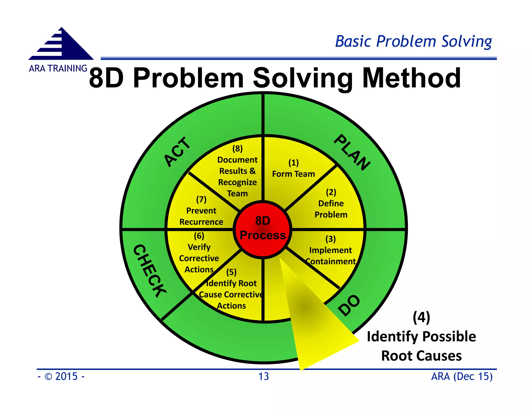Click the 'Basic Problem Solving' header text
click(413, 41)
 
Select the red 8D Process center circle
click(263, 229)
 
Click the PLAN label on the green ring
click(352, 152)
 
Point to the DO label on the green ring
click(349, 305)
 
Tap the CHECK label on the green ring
click(150, 270)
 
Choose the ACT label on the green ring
click(178, 152)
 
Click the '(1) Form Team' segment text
click(293, 169)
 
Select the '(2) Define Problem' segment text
click(331, 203)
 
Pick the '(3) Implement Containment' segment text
click(330, 250)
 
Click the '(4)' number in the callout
click(421, 317)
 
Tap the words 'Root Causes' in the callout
click(421, 356)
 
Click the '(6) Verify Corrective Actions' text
click(199, 253)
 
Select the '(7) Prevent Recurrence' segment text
click(201, 211)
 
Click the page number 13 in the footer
click(263, 376)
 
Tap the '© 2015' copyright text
click(61, 376)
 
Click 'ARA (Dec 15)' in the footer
click(462, 376)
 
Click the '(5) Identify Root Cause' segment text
click(231, 289)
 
